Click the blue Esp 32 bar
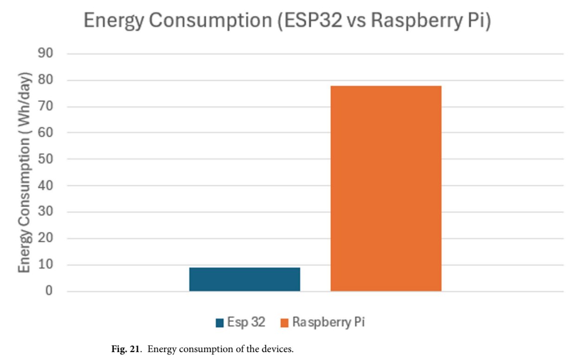(x=245, y=279)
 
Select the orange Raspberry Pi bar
(x=386, y=188)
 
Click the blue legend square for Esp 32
(x=220, y=323)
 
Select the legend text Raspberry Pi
(x=328, y=322)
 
